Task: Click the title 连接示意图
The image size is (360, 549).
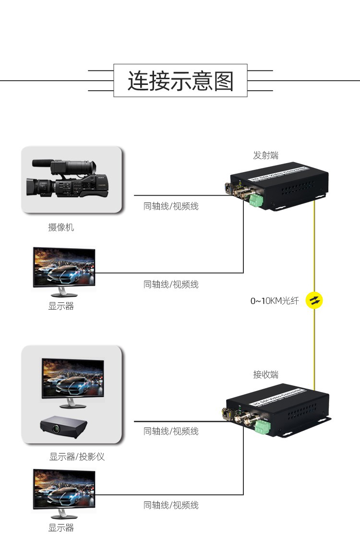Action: tap(180, 81)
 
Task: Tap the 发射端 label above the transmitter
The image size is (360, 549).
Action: tap(265, 155)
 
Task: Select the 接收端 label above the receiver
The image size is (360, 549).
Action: tap(265, 374)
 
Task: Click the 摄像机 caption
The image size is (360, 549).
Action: tap(61, 227)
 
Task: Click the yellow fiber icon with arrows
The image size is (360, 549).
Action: tap(315, 300)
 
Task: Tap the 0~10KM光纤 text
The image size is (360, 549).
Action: tap(274, 301)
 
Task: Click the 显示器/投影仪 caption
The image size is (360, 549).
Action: tap(77, 457)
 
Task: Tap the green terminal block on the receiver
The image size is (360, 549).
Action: tap(263, 427)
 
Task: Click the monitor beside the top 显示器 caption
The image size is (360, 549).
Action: tap(63, 269)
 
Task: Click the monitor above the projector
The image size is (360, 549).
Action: tap(72, 381)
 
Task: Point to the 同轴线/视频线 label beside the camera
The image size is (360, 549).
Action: tap(171, 206)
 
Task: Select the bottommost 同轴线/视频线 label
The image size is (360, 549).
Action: tap(171, 505)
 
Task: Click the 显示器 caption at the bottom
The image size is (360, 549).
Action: tap(61, 528)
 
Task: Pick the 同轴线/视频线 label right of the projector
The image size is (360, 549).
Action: tap(171, 431)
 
